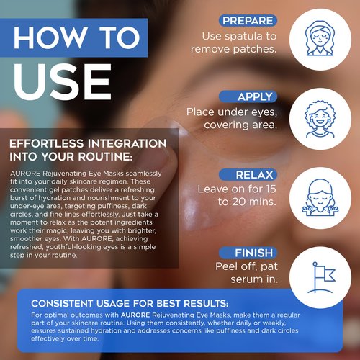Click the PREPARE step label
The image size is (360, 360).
247,21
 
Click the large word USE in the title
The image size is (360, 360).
61,83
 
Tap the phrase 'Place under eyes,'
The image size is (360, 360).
230,112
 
